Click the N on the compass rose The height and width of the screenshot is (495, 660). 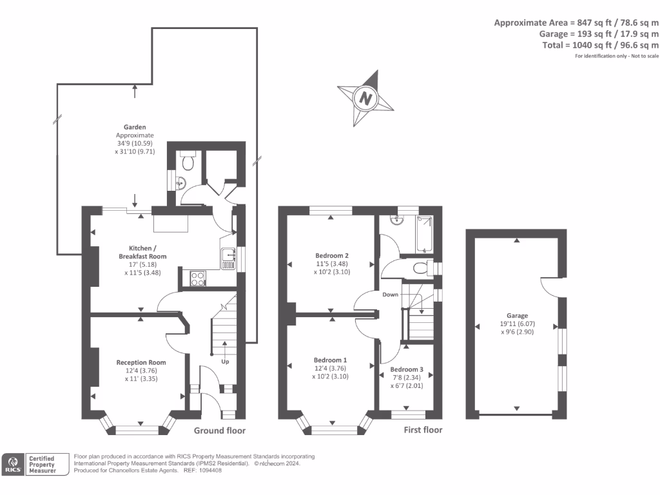[365, 99]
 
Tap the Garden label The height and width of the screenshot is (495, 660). [135, 127]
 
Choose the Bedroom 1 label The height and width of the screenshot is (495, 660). [330, 360]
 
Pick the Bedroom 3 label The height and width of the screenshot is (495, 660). [407, 369]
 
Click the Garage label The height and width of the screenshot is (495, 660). [517, 316]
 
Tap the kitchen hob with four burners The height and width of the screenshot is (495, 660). [198, 278]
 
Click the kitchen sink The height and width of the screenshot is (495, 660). [228, 258]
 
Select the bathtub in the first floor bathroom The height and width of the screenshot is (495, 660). [425, 234]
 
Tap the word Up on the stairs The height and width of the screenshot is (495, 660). [225, 362]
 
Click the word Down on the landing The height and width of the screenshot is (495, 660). [391, 295]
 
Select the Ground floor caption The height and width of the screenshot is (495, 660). [220, 431]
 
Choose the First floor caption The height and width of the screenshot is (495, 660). [423, 430]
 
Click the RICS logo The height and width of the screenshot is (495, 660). [12, 465]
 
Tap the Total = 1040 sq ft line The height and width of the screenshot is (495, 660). [600, 45]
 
